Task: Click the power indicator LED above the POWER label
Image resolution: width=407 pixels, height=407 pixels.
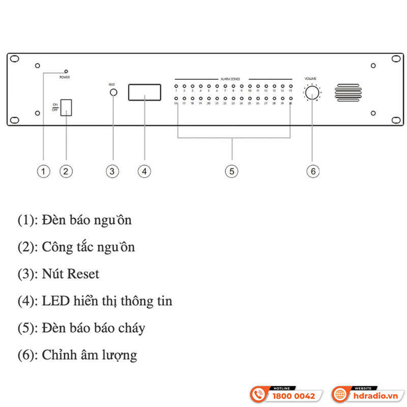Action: tap(66, 72)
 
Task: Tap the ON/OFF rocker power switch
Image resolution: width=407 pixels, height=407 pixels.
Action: tap(66, 108)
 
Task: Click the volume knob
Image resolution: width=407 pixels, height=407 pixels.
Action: tap(312, 93)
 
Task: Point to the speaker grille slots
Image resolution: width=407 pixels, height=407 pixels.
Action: tap(348, 93)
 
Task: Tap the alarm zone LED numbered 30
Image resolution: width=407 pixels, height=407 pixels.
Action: tap(290, 99)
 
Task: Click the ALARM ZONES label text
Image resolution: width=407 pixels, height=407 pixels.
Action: tap(232, 79)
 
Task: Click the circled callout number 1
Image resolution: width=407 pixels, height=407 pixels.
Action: tap(44, 171)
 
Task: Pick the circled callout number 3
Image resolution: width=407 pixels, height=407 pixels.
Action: tap(112, 171)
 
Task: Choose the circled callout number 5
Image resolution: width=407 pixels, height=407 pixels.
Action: tap(231, 171)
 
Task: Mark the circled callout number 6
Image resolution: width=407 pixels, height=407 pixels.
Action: tap(313, 171)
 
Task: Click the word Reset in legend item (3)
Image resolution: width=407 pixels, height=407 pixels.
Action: tap(82, 274)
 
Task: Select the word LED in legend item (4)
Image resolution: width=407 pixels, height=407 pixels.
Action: tap(54, 301)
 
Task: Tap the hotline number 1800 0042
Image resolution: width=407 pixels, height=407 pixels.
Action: tap(294, 396)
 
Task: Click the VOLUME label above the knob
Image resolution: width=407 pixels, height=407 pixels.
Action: tap(310, 78)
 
